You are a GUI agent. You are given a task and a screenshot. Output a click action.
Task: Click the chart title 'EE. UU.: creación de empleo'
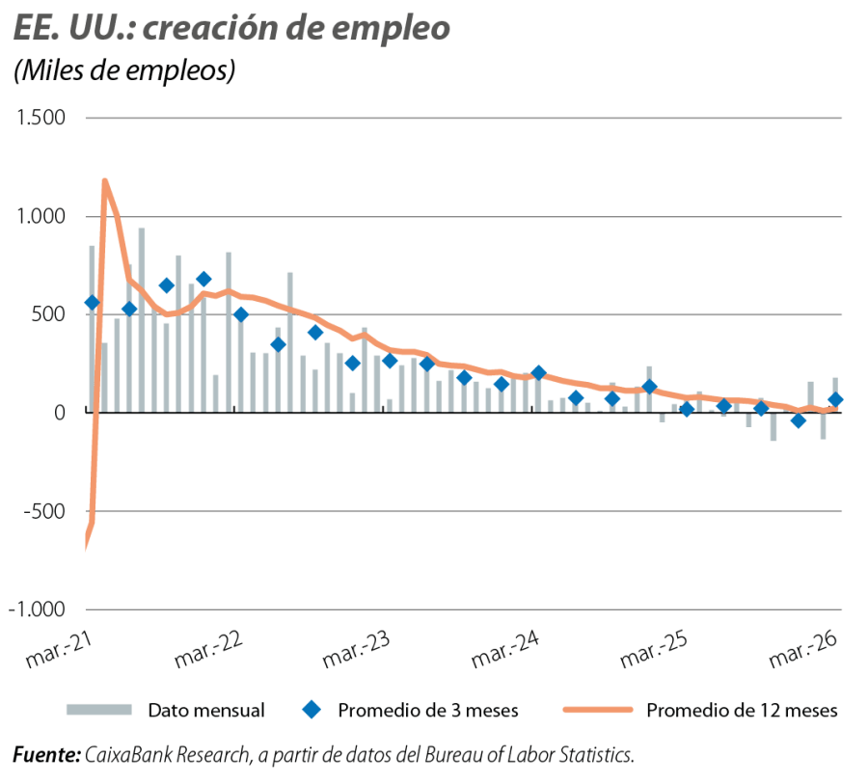point(231,28)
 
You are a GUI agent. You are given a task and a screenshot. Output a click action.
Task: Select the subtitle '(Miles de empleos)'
point(124,72)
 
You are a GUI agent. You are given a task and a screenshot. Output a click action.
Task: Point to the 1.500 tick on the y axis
point(39,119)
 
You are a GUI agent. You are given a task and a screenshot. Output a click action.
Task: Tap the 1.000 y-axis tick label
point(39,217)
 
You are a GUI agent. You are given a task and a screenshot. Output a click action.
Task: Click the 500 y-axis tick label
point(48,315)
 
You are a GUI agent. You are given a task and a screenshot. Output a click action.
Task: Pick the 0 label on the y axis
point(59,413)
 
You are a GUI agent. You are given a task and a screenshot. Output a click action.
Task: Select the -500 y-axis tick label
point(44,511)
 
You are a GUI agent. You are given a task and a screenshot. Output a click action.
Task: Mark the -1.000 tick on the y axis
point(37,609)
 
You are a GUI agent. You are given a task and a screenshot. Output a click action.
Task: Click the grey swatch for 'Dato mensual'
point(97,710)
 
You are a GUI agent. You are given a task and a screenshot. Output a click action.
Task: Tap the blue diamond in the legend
point(311,710)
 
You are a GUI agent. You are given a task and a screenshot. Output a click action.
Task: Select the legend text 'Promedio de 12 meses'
point(742,711)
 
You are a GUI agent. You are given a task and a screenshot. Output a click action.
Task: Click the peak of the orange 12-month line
point(103,180)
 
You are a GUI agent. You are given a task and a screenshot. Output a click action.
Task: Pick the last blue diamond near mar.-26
point(835,399)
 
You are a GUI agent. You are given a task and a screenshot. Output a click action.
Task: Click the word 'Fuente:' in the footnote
point(46,754)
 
